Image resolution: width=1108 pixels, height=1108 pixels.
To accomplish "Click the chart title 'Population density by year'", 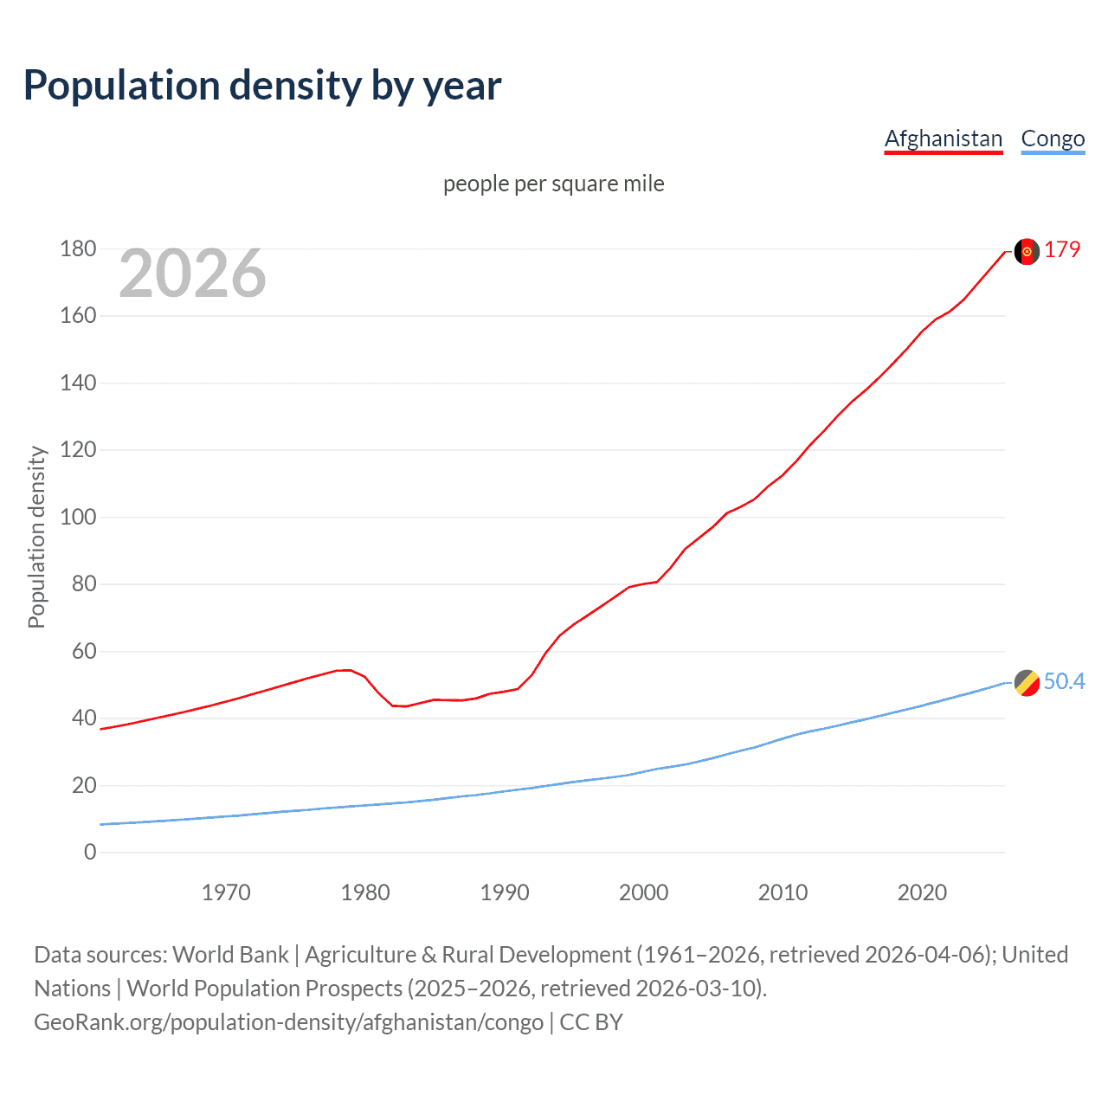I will pyautogui.click(x=262, y=86).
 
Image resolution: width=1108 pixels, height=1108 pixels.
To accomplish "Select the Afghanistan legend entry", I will pyautogui.click(x=943, y=138).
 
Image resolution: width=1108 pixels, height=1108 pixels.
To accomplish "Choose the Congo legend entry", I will pyautogui.click(x=1053, y=138).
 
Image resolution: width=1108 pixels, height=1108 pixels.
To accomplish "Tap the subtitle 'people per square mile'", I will pyautogui.click(x=553, y=184).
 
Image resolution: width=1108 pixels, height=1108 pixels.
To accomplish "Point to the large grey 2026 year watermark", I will pyautogui.click(x=192, y=274).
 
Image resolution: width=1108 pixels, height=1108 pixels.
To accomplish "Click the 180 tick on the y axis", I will pyautogui.click(x=78, y=249).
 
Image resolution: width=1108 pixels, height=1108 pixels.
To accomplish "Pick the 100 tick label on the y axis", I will pyautogui.click(x=78, y=518).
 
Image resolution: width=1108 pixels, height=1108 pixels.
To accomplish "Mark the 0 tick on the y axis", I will pyautogui.click(x=90, y=853).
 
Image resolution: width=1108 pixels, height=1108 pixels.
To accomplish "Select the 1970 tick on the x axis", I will pyautogui.click(x=226, y=892).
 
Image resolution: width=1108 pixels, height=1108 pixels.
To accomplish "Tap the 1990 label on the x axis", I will pyautogui.click(x=505, y=892).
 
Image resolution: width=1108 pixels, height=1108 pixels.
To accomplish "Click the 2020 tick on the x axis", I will pyautogui.click(x=922, y=892).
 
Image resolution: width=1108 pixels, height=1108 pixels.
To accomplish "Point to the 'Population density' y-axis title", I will pyautogui.click(x=36, y=537).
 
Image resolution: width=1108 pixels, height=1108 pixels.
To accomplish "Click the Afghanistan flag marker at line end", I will pyautogui.click(x=1027, y=251).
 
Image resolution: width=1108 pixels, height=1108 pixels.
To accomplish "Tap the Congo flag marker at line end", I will pyautogui.click(x=1027, y=683).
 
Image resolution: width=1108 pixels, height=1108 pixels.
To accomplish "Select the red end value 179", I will pyautogui.click(x=1062, y=249).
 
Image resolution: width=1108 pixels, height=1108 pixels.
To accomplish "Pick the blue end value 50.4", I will pyautogui.click(x=1064, y=681).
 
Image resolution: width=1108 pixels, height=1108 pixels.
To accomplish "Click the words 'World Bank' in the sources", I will pyautogui.click(x=230, y=955).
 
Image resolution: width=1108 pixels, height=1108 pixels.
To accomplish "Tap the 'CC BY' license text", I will pyautogui.click(x=591, y=1022).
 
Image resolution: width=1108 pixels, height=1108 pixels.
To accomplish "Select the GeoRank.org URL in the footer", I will pyautogui.click(x=288, y=1022).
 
